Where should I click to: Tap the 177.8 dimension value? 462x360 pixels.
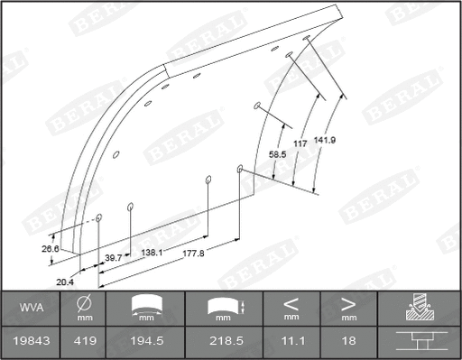192,253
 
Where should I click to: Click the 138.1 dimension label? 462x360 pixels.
152,253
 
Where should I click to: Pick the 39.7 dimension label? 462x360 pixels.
114,258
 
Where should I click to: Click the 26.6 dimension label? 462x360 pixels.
50,249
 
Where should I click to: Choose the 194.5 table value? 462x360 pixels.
145,341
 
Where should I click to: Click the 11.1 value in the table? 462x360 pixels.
291,341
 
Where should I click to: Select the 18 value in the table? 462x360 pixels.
348,341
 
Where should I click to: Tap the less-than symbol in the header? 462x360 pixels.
291,303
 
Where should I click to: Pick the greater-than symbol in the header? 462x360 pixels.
348,303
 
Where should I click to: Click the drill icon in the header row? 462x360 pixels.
419,308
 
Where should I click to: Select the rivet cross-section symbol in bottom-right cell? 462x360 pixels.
419,341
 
